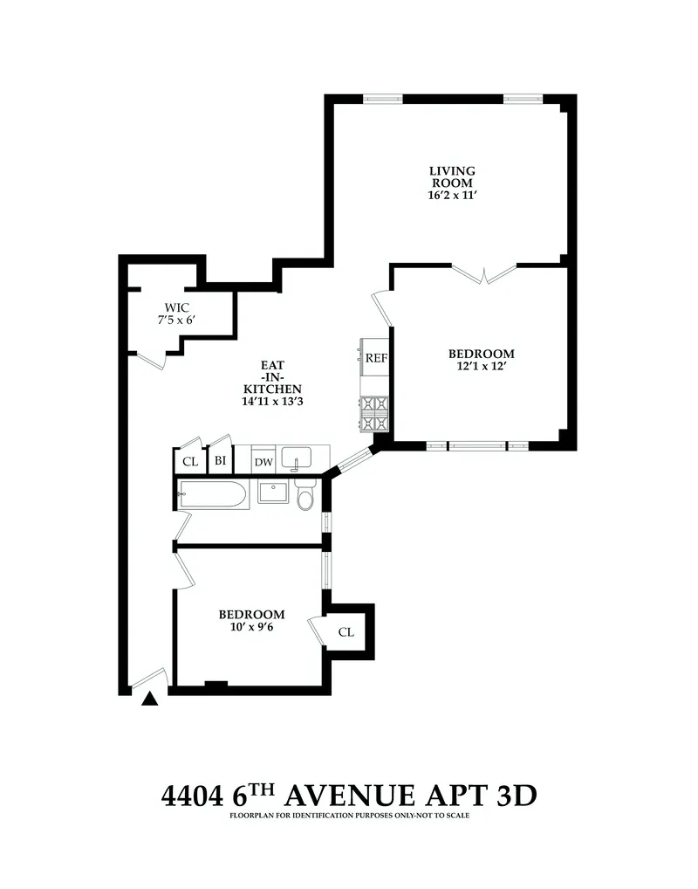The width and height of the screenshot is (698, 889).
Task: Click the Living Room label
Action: coord(451,176)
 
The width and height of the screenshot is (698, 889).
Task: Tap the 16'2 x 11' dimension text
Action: coord(451,196)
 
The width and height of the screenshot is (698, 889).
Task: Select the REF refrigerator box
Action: coord(376,358)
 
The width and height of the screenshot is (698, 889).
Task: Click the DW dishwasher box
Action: coord(263,462)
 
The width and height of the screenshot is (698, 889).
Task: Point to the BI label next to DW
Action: coord(221,461)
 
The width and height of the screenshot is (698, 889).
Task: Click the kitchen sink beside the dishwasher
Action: coord(301,458)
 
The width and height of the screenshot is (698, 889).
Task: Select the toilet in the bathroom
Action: coord(305,495)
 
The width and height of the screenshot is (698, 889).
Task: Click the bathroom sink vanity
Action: coord(273,493)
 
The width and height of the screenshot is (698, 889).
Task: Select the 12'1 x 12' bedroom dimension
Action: coord(481,368)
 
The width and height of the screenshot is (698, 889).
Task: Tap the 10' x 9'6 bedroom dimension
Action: coord(251,628)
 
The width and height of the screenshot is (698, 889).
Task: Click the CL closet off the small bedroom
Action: coord(346,632)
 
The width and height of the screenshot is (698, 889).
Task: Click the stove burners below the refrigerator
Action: coord(376,413)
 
